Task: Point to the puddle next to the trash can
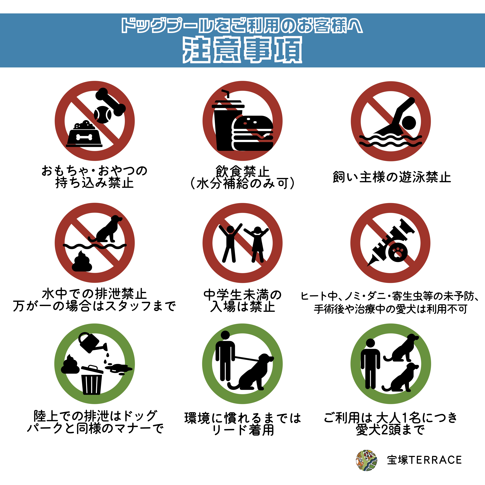118,368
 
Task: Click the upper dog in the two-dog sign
401,348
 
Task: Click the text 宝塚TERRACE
424,460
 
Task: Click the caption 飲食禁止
243,172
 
